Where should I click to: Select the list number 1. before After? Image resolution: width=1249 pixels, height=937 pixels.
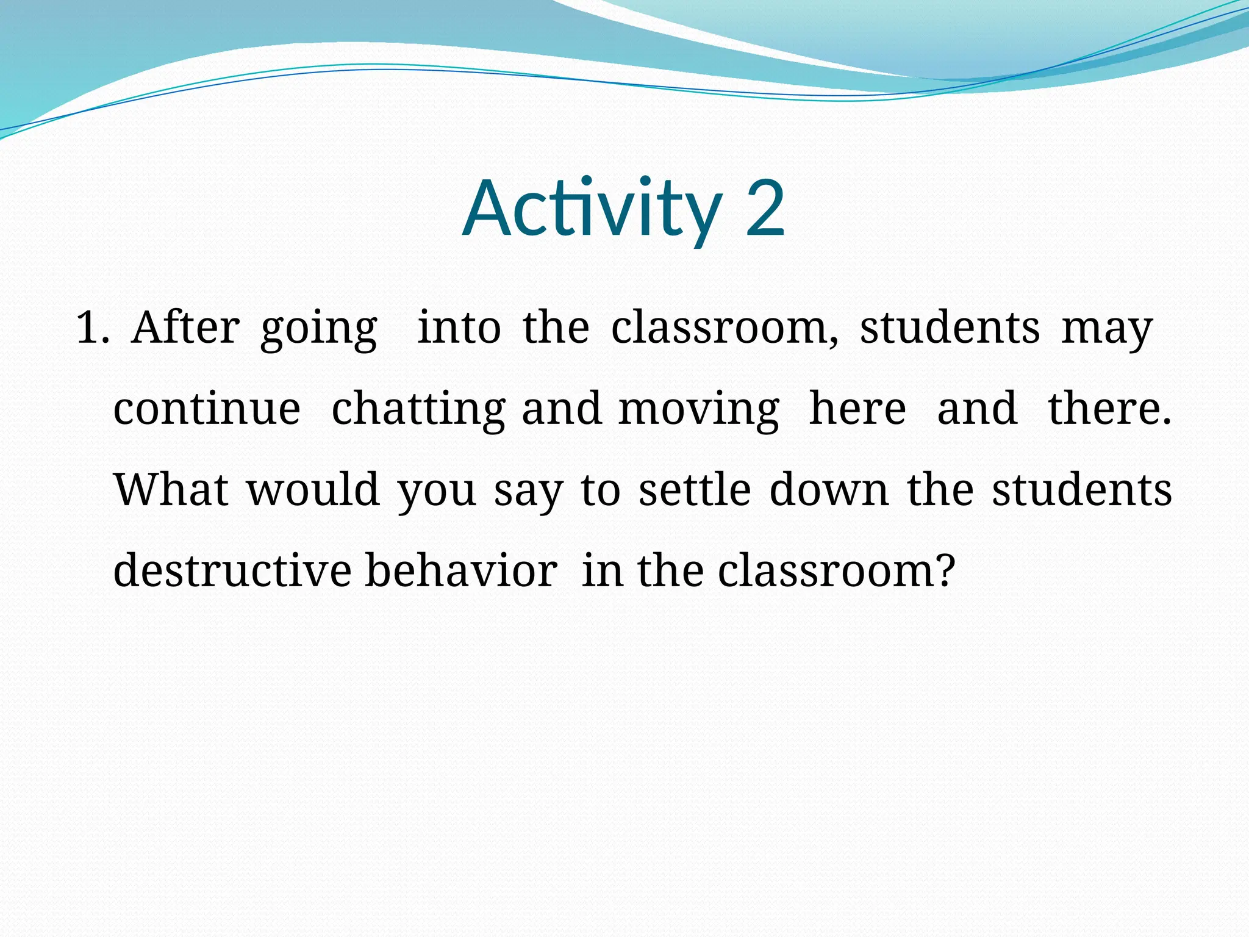pos(92,328)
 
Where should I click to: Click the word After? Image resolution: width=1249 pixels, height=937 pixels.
pos(185,328)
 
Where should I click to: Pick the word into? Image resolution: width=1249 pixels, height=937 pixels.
pos(459,328)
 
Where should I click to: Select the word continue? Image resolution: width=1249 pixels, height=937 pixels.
pos(207,409)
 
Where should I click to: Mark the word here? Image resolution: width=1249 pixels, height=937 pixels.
pos(857,409)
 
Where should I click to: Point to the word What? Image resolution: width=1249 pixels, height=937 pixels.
pos(171,489)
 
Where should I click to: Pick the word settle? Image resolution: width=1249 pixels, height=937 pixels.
pos(695,489)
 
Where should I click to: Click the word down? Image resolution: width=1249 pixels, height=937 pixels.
pos(829,489)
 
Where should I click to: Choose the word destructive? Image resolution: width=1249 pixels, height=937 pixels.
pos(232,570)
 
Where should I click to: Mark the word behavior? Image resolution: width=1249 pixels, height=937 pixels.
pos(461,570)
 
